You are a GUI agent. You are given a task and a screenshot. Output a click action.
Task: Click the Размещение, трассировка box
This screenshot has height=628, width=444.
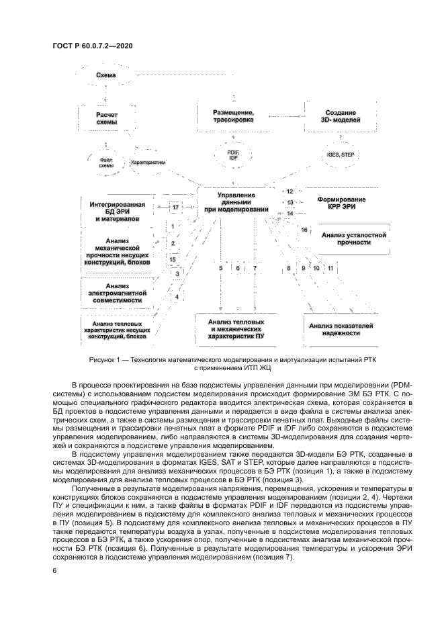click(x=233, y=115)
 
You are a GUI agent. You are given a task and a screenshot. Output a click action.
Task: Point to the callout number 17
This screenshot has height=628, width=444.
click(x=175, y=208)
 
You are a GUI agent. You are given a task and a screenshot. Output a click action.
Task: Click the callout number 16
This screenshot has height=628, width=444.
click(x=304, y=230)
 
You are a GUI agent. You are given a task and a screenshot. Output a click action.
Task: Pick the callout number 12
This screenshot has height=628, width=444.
click(x=290, y=192)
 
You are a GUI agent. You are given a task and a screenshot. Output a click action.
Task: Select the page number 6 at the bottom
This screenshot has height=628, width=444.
click(x=54, y=570)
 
